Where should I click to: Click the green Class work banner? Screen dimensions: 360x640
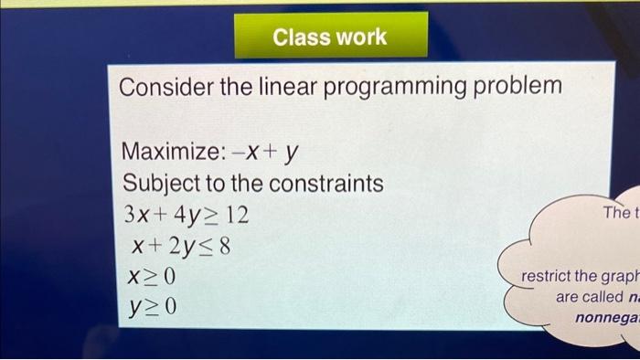pos(331,37)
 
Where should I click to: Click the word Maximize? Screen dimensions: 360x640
pos(167,150)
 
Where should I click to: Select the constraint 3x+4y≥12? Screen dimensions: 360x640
pos(186,217)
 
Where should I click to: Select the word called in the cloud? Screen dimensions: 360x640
pos(597,298)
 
